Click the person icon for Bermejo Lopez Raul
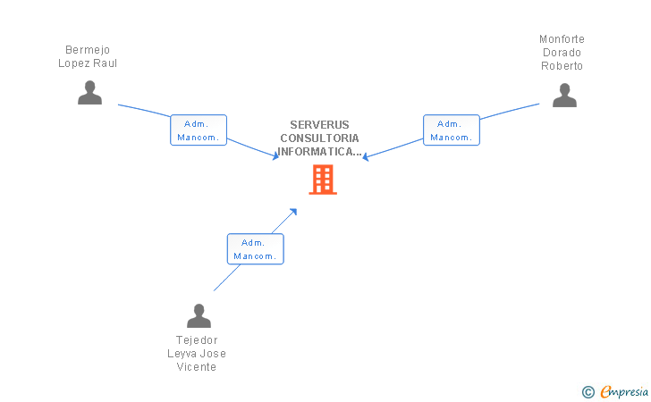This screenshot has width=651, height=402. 89,92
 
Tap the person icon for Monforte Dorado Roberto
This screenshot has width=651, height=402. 564,95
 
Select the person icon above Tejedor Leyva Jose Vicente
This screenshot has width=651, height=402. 199,315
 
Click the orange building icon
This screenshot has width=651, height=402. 323,179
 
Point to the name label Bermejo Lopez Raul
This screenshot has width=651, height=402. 88,56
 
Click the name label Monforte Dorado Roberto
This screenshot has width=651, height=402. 562,52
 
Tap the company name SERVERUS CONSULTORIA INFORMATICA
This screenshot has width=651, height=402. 320,138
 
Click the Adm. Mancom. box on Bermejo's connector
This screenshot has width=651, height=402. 199,130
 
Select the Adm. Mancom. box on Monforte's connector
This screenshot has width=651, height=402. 452,130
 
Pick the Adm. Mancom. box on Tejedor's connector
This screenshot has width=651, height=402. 255,248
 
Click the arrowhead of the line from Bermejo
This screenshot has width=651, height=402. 276,156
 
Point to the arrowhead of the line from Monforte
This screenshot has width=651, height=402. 365,158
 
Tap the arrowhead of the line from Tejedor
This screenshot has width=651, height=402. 294,212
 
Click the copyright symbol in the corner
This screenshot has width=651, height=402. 588,391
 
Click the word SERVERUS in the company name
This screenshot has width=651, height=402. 320,125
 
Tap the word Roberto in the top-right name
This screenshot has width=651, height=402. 562,65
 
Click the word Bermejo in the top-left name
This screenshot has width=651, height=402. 88,50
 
